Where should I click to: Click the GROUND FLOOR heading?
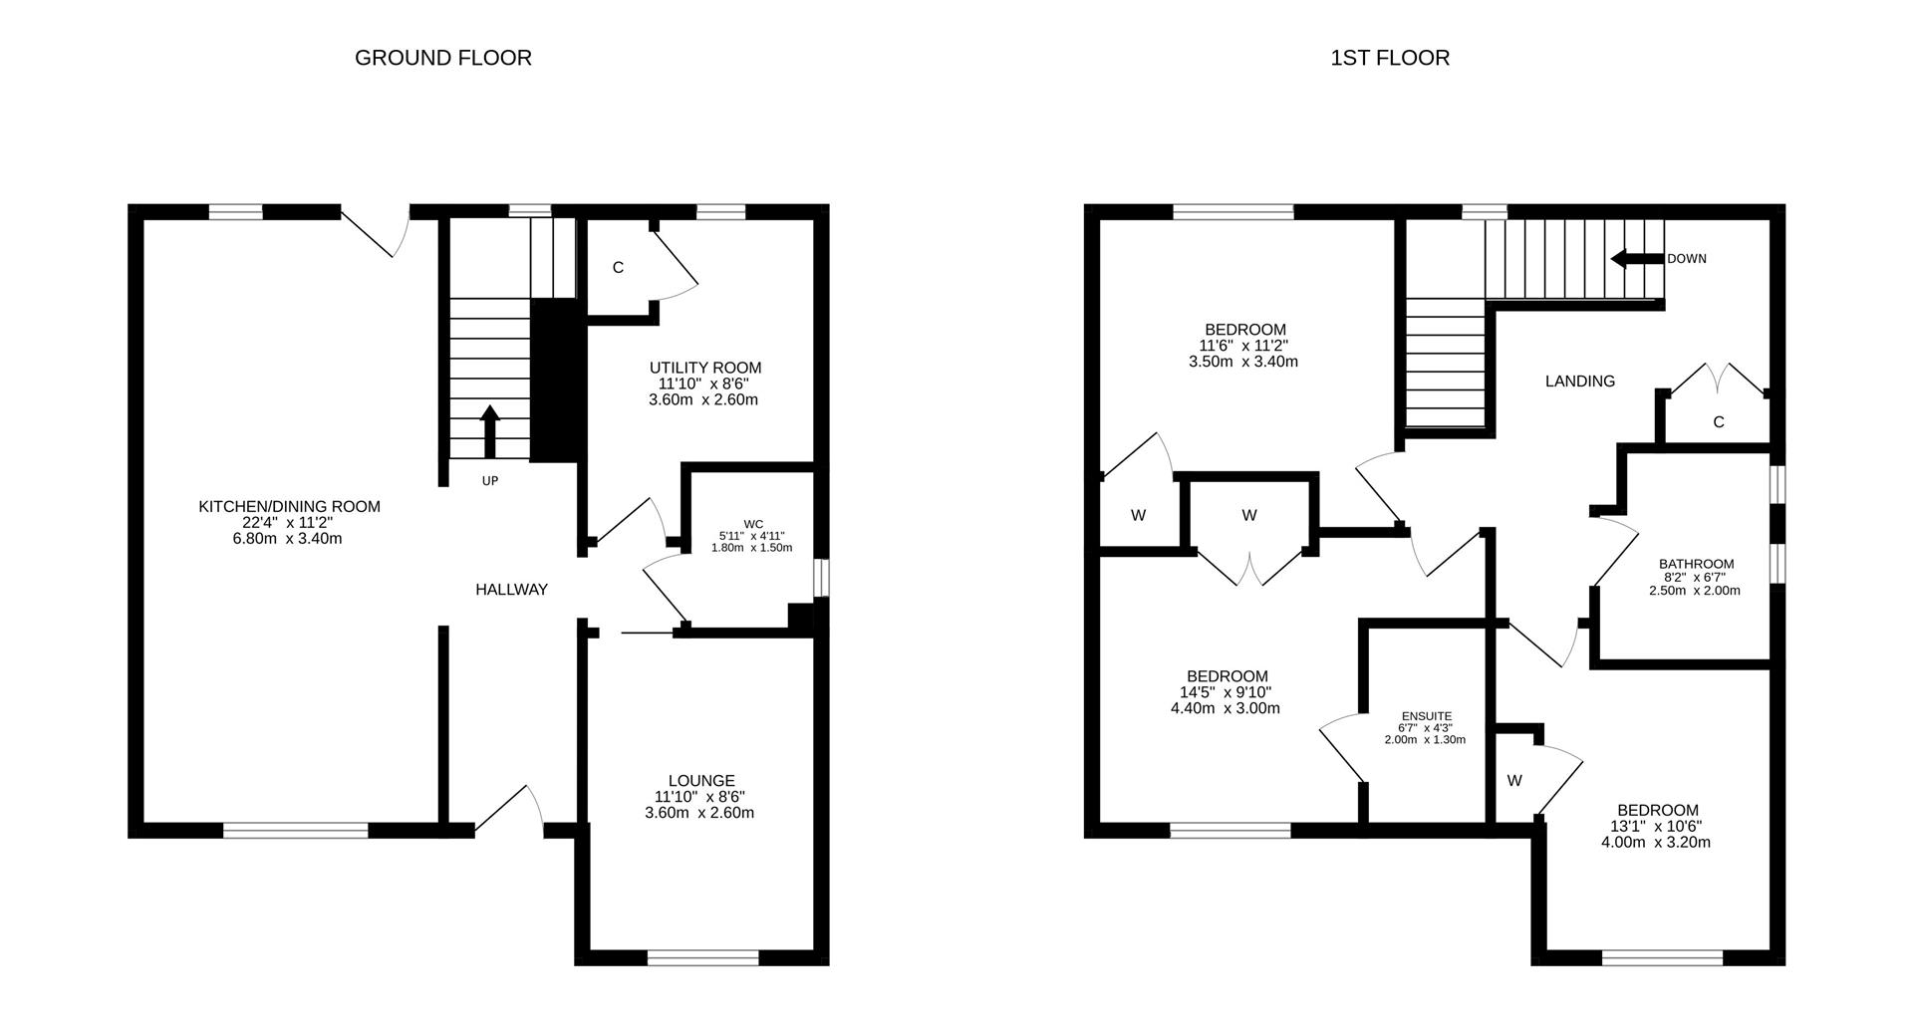[442, 58]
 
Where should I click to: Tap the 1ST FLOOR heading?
[1389, 58]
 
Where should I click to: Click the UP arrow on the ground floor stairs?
[489, 429]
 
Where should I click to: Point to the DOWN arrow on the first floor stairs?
[1637, 259]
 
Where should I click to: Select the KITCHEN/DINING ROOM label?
[289, 506]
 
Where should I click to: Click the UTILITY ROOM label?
[704, 368]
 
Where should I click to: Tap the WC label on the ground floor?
[752, 524]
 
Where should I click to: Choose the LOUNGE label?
[701, 781]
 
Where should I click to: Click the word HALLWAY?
[511, 590]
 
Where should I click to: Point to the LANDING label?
[1579, 381]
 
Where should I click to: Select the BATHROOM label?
[1696, 564]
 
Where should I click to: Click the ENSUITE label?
[1426, 715]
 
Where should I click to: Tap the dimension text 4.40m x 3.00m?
[1225, 708]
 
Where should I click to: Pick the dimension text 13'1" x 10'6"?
[1657, 826]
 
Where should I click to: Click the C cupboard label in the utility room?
[618, 267]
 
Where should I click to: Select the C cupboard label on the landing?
[1718, 422]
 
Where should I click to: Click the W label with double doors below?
[1248, 515]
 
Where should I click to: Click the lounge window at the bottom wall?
[702, 958]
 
